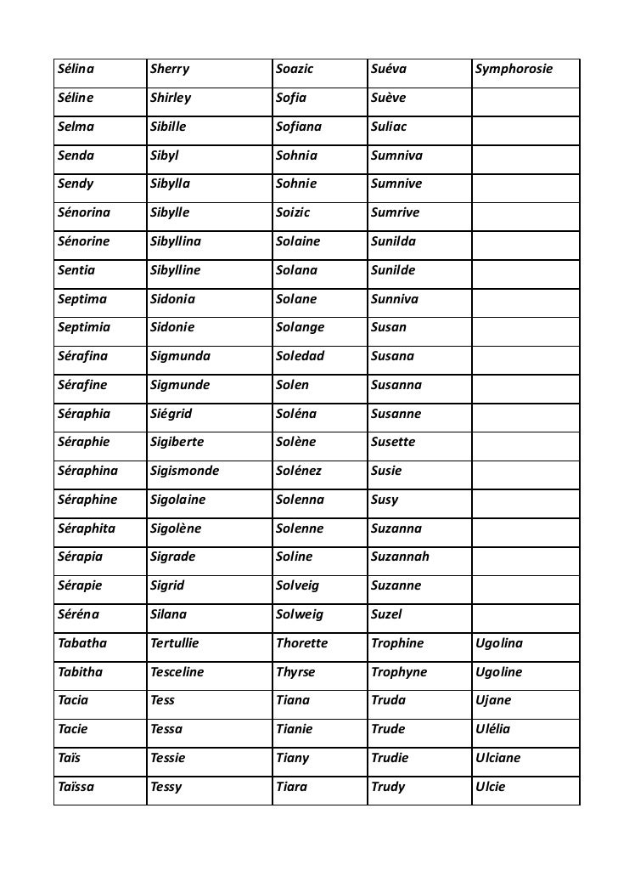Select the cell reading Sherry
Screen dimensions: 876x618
tap(170, 69)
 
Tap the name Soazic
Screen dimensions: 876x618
tap(295, 69)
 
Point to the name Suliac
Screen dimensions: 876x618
tap(389, 127)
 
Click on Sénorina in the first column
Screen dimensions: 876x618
tap(87, 212)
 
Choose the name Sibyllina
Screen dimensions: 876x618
tap(176, 241)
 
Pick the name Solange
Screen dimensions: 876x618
tap(301, 327)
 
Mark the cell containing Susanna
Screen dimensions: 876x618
tap(396, 385)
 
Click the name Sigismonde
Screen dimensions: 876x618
tap(184, 471)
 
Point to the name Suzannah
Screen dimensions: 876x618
tap(400, 557)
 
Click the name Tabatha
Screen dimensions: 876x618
tap(82, 643)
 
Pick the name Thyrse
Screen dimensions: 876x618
tap(295, 672)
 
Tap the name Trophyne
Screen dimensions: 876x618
tap(399, 672)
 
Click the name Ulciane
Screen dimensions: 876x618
tap(498, 758)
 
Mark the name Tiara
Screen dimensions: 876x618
tap(293, 787)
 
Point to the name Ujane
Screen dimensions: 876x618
tap(493, 701)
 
